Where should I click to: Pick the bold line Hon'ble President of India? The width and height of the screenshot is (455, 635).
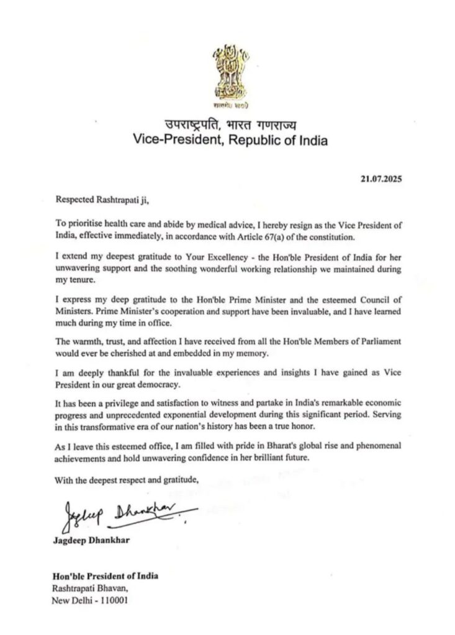106,575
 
